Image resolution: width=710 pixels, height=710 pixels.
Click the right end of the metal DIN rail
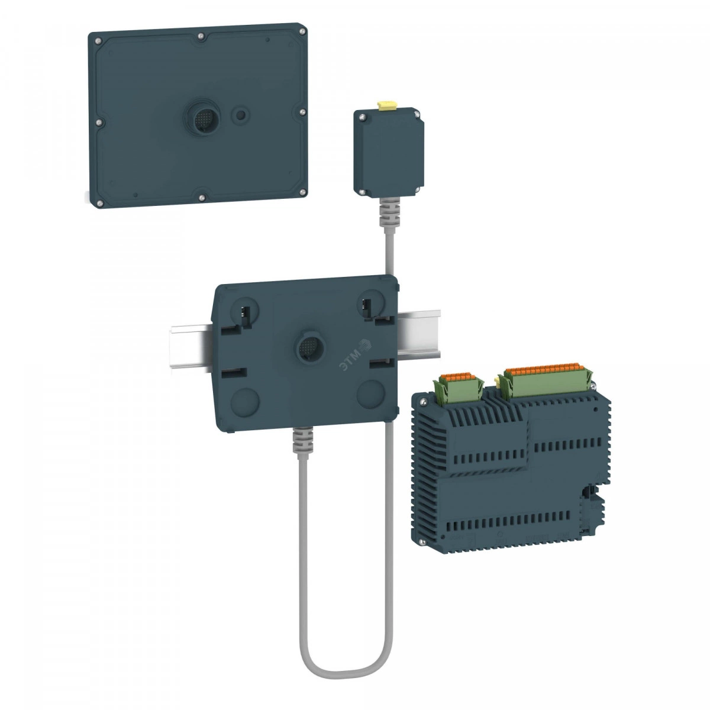click(437, 334)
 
